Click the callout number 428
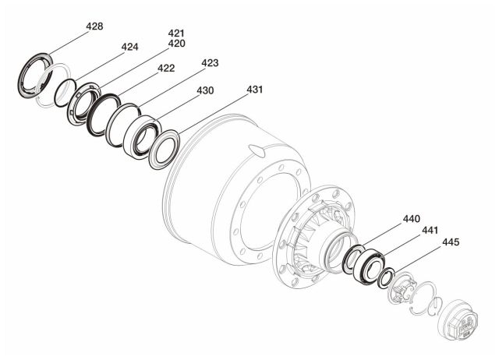94,26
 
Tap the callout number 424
130,47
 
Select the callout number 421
176,34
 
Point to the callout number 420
177,44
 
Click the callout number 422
166,68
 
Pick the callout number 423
210,63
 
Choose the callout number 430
205,90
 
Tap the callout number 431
255,90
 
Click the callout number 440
412,219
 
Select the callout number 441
430,230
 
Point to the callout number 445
451,242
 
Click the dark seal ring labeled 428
35,76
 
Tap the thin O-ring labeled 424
65,93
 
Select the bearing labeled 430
142,137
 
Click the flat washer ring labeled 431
165,150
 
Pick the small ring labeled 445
386,278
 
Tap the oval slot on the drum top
257,150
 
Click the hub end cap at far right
458,319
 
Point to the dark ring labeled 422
104,115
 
